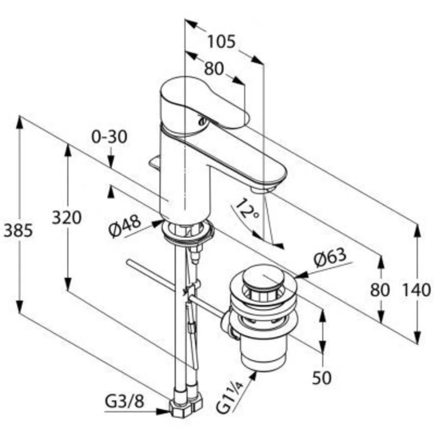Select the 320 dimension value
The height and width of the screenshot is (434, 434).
coord(66,217)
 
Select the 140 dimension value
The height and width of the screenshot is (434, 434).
coord(417,289)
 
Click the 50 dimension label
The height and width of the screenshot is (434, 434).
coord(322,377)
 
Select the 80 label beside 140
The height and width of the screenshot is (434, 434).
coord(380,289)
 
